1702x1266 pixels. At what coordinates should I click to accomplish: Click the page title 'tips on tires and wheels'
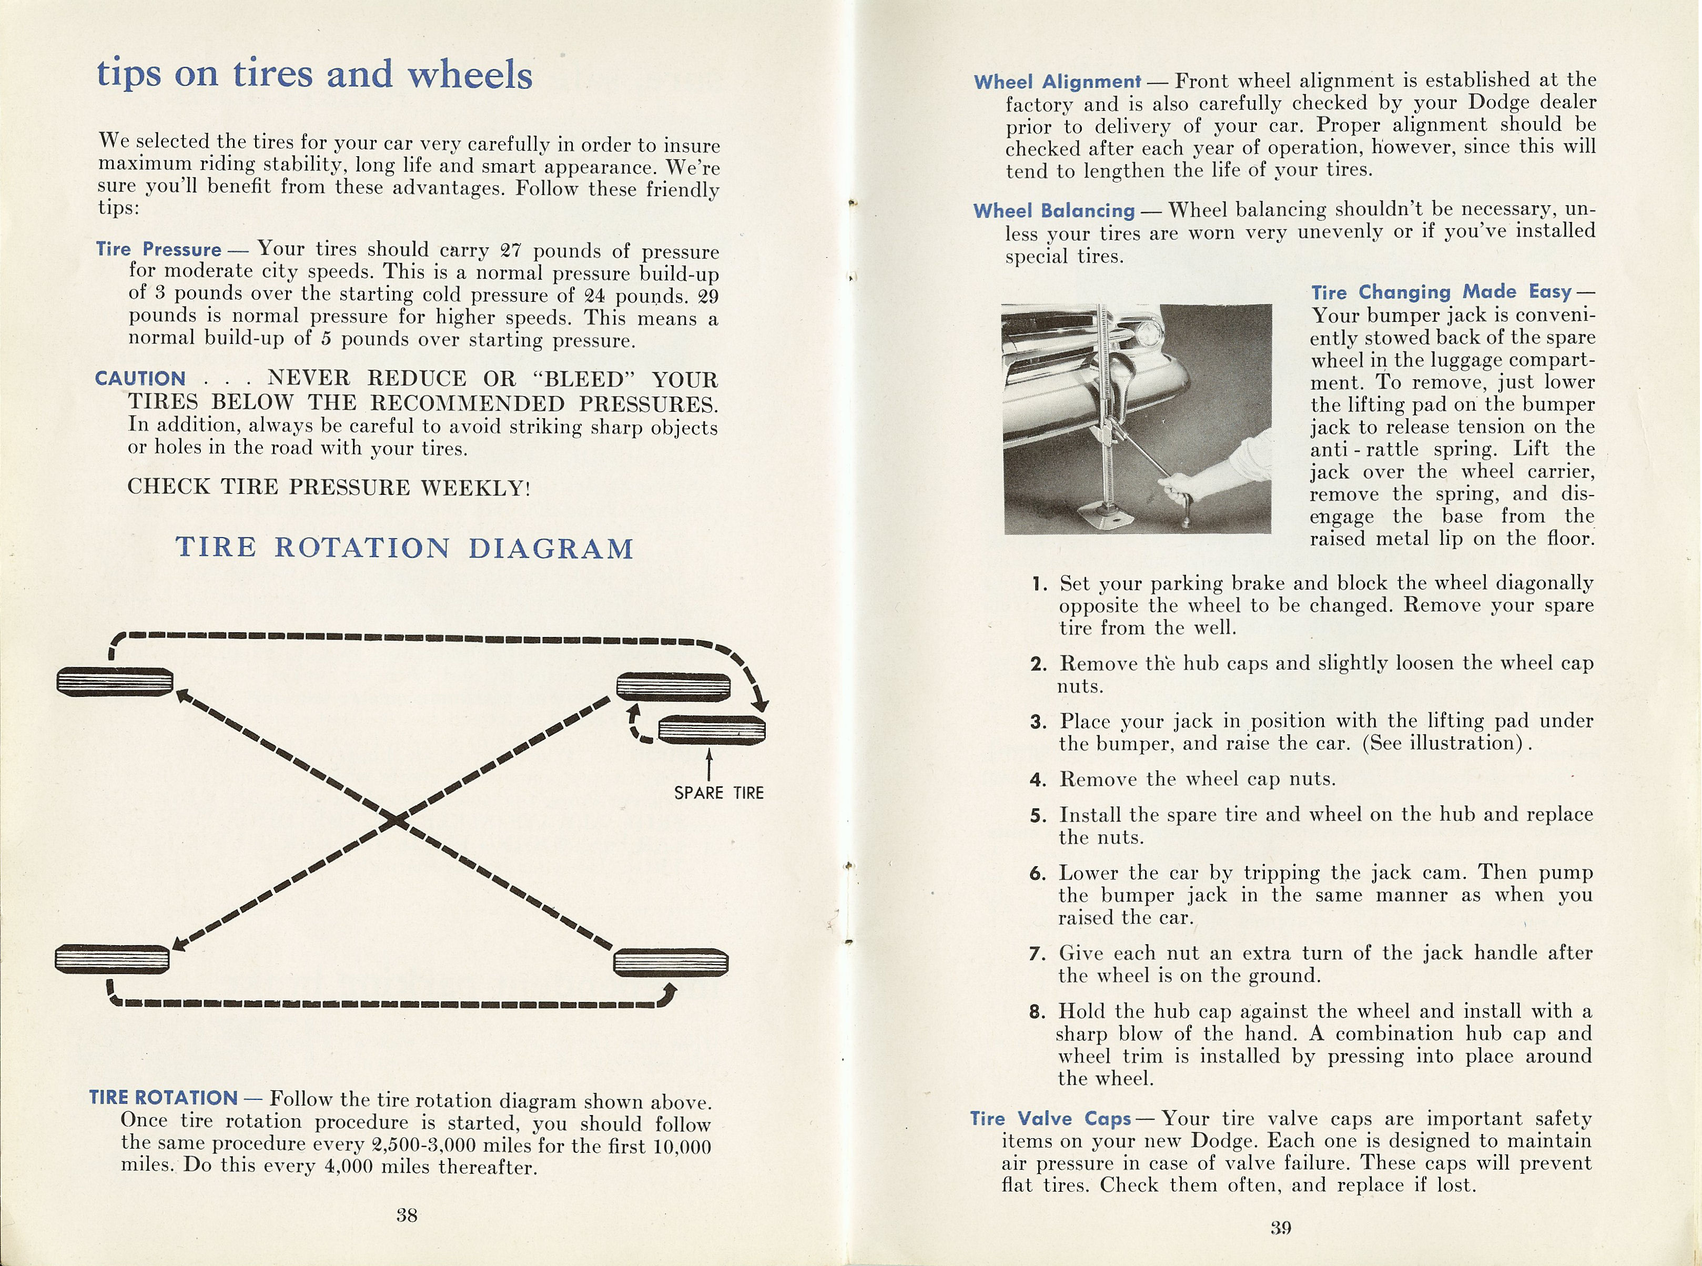tap(314, 74)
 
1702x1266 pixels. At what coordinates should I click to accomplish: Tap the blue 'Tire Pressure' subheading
tap(159, 250)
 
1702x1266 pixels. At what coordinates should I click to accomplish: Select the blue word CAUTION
tap(140, 379)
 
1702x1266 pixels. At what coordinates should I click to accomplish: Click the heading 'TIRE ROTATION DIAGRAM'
tap(404, 548)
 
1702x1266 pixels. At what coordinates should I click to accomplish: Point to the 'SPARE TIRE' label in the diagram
tap(719, 793)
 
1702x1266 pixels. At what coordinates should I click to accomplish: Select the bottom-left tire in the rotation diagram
tap(113, 959)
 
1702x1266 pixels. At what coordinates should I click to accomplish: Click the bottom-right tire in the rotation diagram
tap(671, 963)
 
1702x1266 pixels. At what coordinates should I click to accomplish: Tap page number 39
tap(1281, 1228)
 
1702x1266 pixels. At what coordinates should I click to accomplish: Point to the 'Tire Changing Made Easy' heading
tap(1441, 292)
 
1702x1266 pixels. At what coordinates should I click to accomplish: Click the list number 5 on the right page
tap(1038, 815)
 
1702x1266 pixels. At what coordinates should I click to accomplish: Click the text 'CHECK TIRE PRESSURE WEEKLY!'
tap(329, 488)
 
